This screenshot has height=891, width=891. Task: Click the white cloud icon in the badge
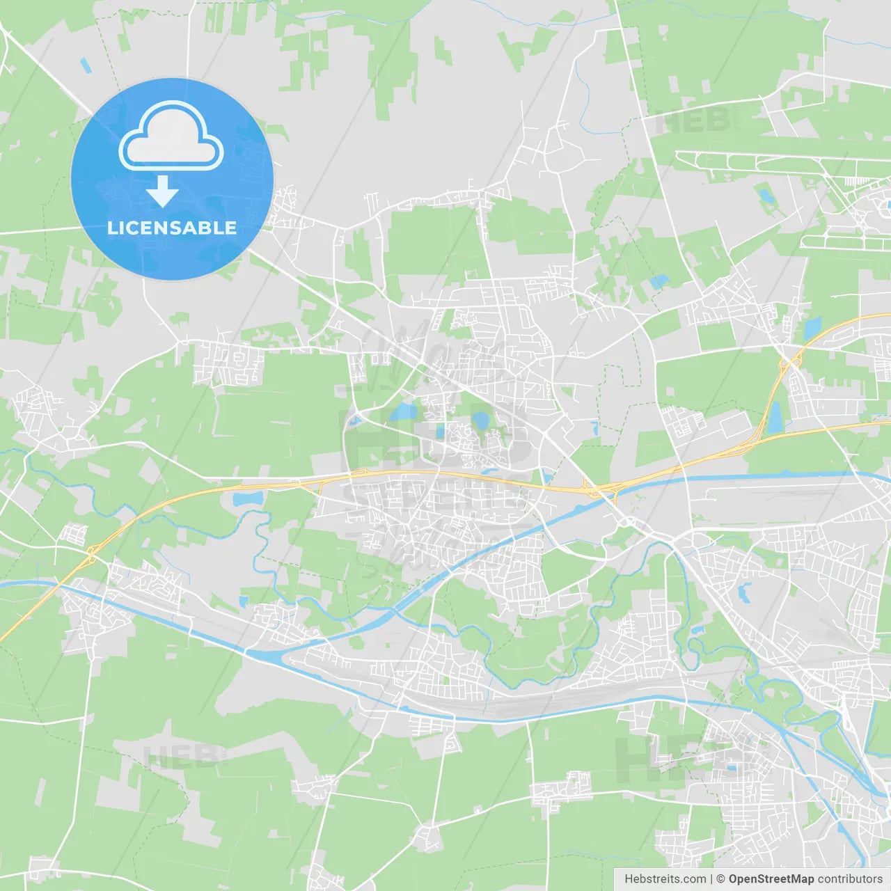171,136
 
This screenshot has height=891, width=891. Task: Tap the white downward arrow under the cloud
163,192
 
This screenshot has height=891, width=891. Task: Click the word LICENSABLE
172,228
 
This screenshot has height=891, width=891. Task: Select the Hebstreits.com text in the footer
665,879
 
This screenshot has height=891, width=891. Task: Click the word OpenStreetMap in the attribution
771,879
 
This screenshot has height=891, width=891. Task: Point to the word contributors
850,879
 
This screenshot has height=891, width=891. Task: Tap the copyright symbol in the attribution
720,879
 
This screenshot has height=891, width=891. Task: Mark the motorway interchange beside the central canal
595,489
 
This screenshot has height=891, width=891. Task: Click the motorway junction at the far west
91,555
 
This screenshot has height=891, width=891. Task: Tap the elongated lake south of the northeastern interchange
775,417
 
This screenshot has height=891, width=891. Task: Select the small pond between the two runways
766,195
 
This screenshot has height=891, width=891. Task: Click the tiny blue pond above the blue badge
86,65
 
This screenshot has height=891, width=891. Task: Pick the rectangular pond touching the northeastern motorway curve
812,326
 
